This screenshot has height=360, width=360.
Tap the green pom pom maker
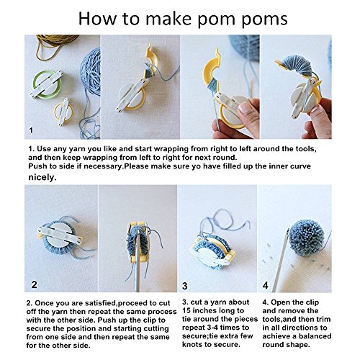[47, 84]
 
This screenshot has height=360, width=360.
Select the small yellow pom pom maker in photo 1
[63, 112]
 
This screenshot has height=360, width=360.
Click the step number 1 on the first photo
[31, 130]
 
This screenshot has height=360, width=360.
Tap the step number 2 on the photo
[35, 284]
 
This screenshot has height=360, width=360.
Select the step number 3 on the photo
[185, 286]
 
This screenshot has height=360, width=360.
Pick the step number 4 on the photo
[265, 285]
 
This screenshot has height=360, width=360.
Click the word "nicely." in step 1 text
[42, 177]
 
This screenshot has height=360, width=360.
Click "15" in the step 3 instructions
[186, 310]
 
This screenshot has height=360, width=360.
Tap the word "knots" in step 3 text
[193, 344]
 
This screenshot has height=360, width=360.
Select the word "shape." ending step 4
[298, 345]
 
